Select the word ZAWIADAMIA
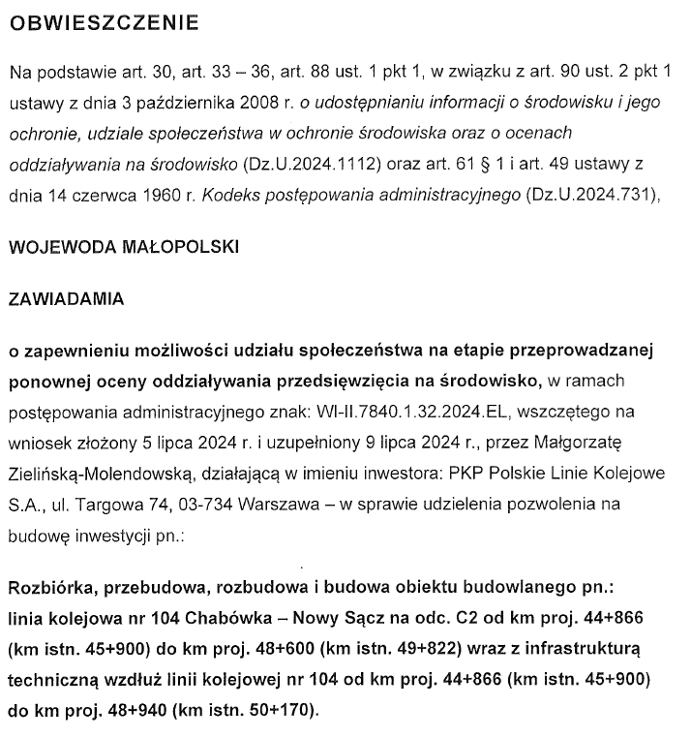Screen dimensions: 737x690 [x=66, y=299]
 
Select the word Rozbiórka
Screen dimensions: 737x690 [x=49, y=590]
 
